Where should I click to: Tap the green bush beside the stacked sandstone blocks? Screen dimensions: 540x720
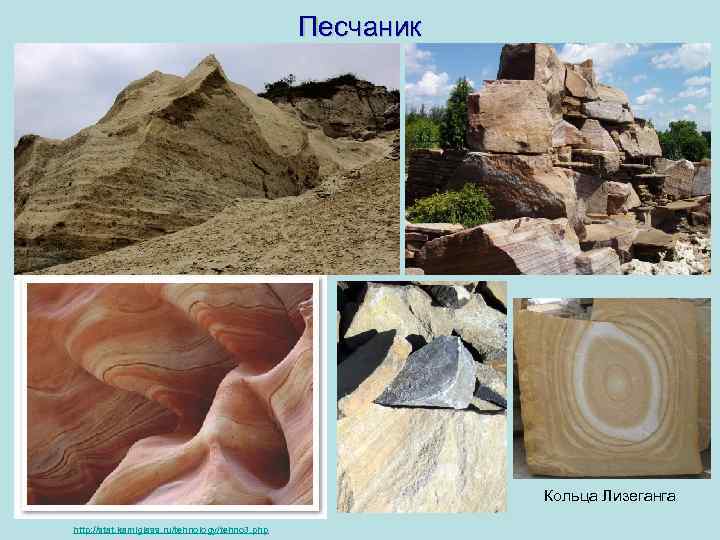click(x=451, y=206)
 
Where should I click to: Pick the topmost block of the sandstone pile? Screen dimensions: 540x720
click(x=530, y=62)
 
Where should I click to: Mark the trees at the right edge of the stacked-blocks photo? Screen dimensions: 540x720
click(x=686, y=140)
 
